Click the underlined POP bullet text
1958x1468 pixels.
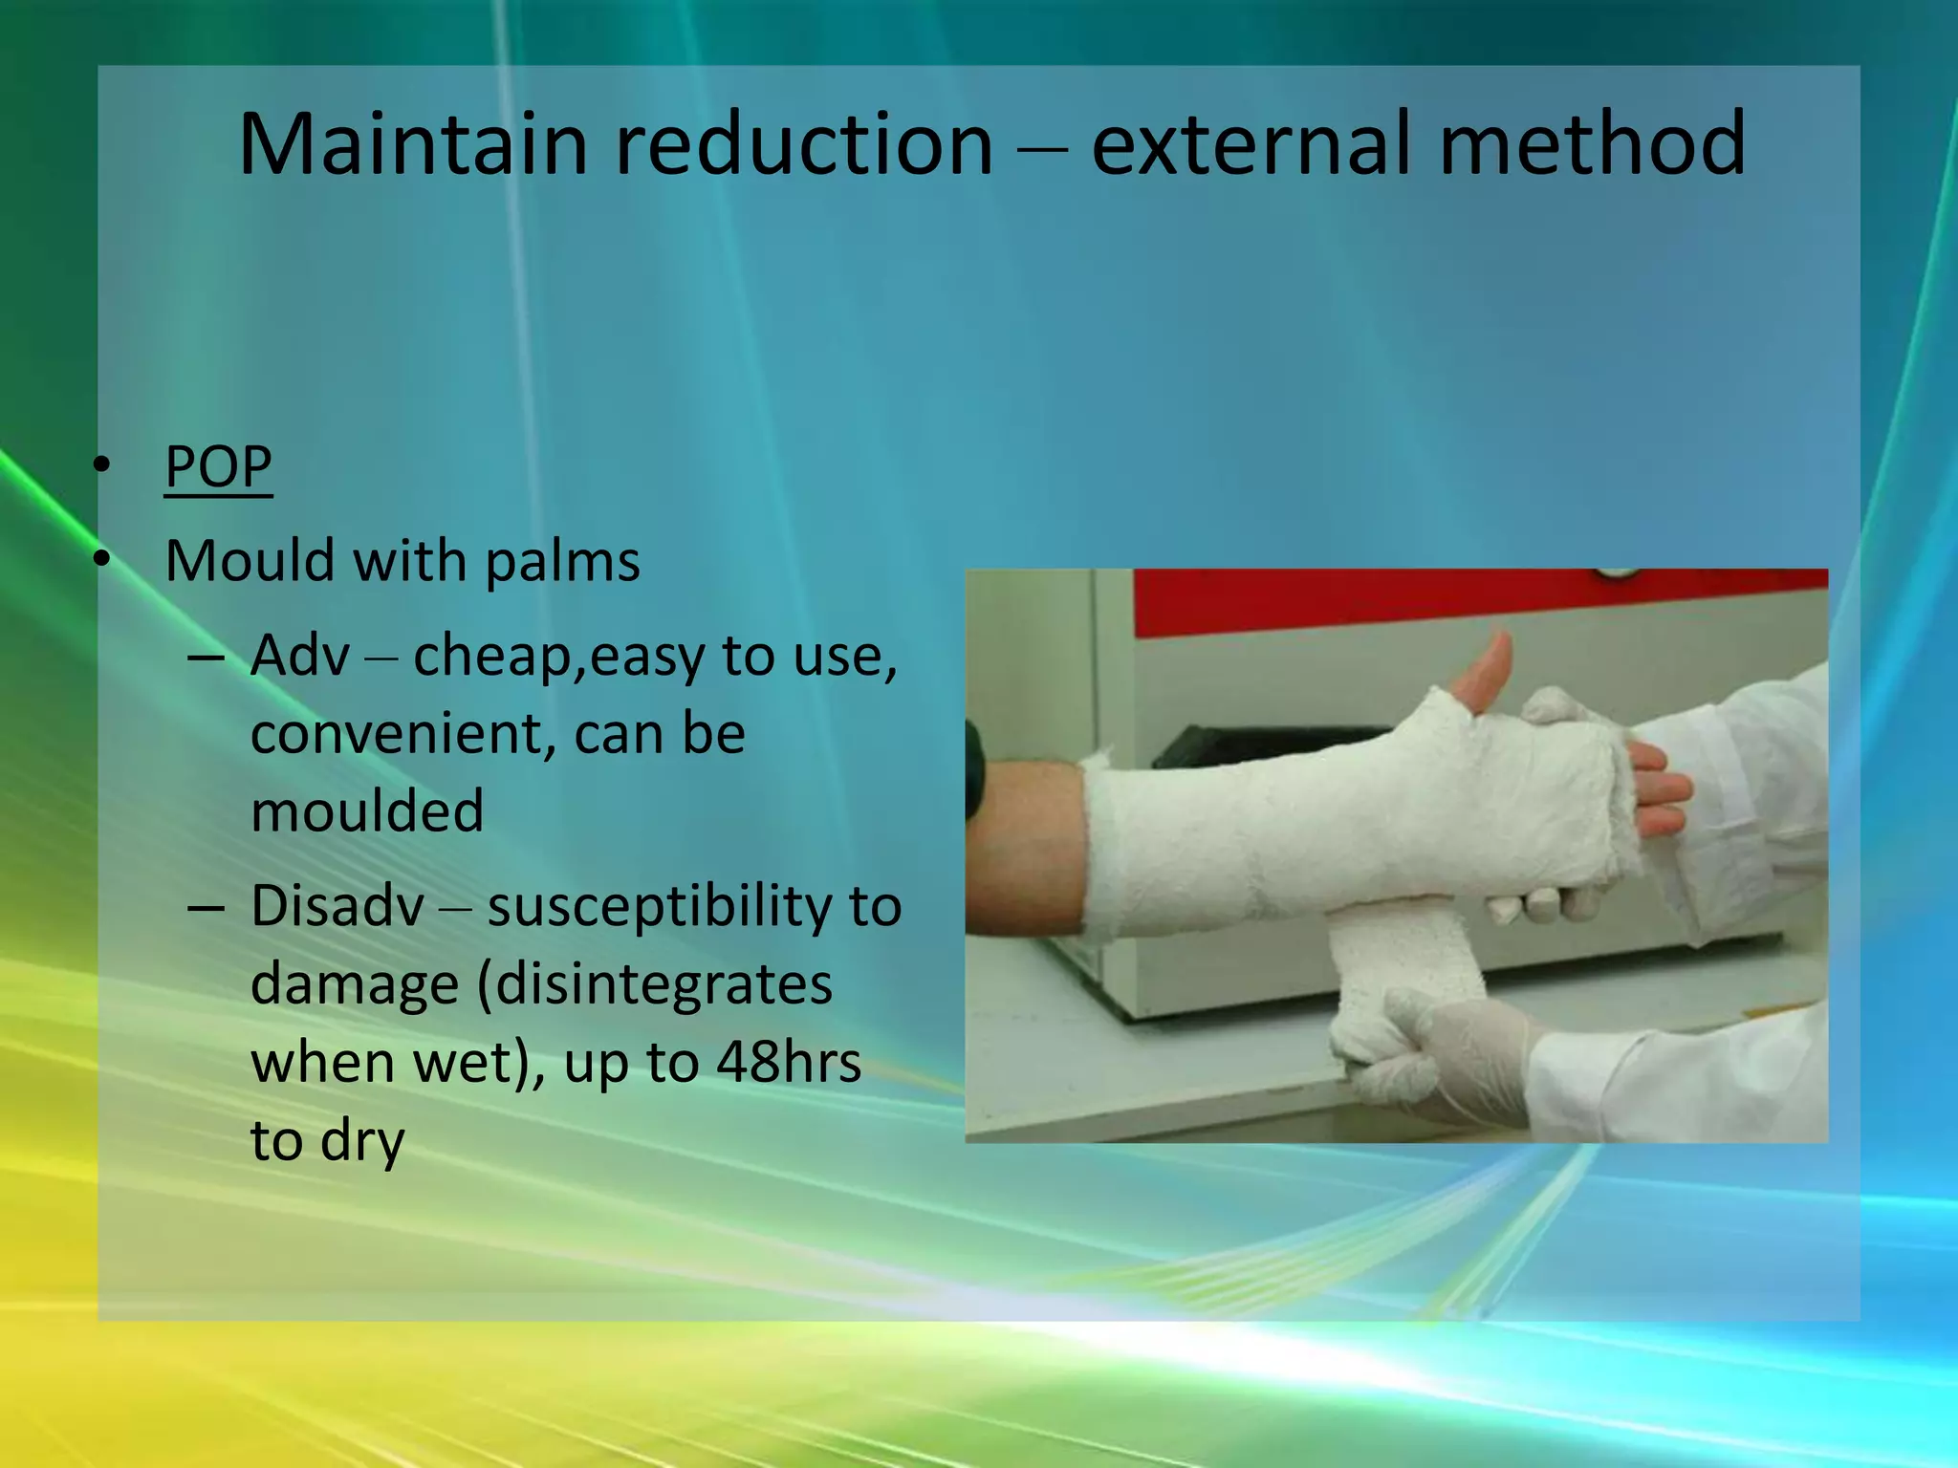(218, 466)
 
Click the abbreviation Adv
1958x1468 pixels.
(299, 656)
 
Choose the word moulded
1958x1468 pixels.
(367, 811)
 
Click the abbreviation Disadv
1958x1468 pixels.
(337, 906)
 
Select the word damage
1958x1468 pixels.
(355, 985)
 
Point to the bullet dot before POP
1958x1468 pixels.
(102, 466)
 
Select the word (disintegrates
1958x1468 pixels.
(655, 984)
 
